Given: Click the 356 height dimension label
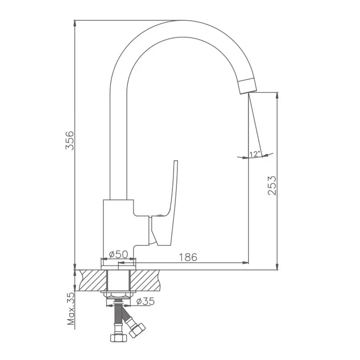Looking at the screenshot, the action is point(70,140).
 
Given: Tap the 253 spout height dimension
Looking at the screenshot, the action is point(272,185).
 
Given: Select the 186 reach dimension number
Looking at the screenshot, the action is point(188,257).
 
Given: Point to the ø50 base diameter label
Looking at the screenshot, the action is point(118,255).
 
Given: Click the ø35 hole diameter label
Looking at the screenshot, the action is point(145,301).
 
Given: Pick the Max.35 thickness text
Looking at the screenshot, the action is point(71,309).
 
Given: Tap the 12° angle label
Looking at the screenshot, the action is point(255,154).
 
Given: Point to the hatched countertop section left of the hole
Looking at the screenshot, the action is point(93,280).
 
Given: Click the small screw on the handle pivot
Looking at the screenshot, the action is point(159,215).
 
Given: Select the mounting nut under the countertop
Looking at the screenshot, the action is point(118,294).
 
